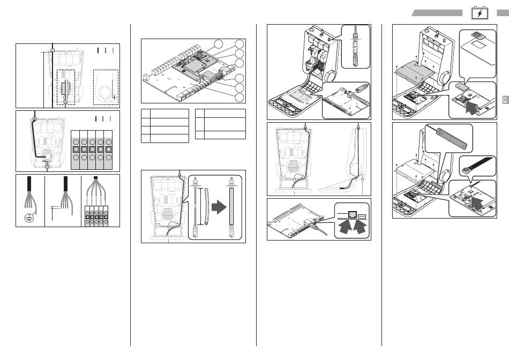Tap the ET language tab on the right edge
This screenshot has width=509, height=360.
point(504,99)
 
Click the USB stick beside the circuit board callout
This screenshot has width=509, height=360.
point(361,89)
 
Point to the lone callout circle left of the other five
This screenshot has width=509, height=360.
point(218,44)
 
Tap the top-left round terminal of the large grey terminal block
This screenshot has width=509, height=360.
point(76,141)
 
